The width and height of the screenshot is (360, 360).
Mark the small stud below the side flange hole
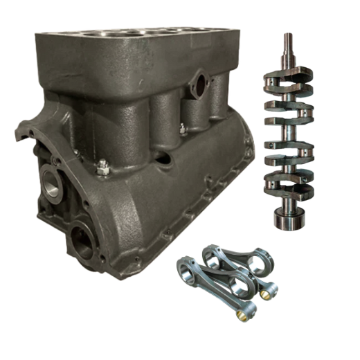181,129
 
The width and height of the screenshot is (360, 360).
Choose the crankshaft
286,138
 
